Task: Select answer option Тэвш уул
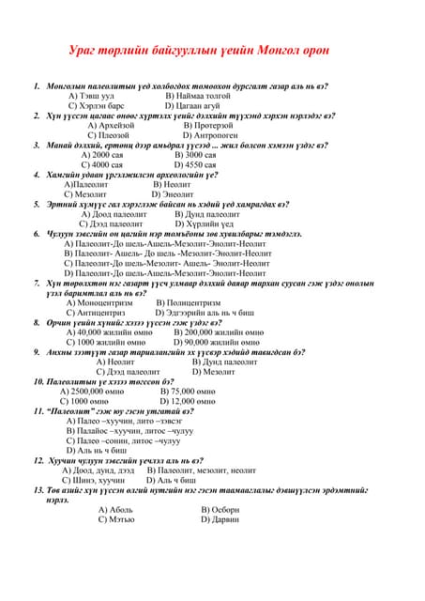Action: click(97, 96)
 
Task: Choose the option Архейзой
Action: click(116, 125)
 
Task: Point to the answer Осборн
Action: click(226, 509)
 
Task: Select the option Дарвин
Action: click(226, 519)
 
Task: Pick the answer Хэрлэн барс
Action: click(103, 106)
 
